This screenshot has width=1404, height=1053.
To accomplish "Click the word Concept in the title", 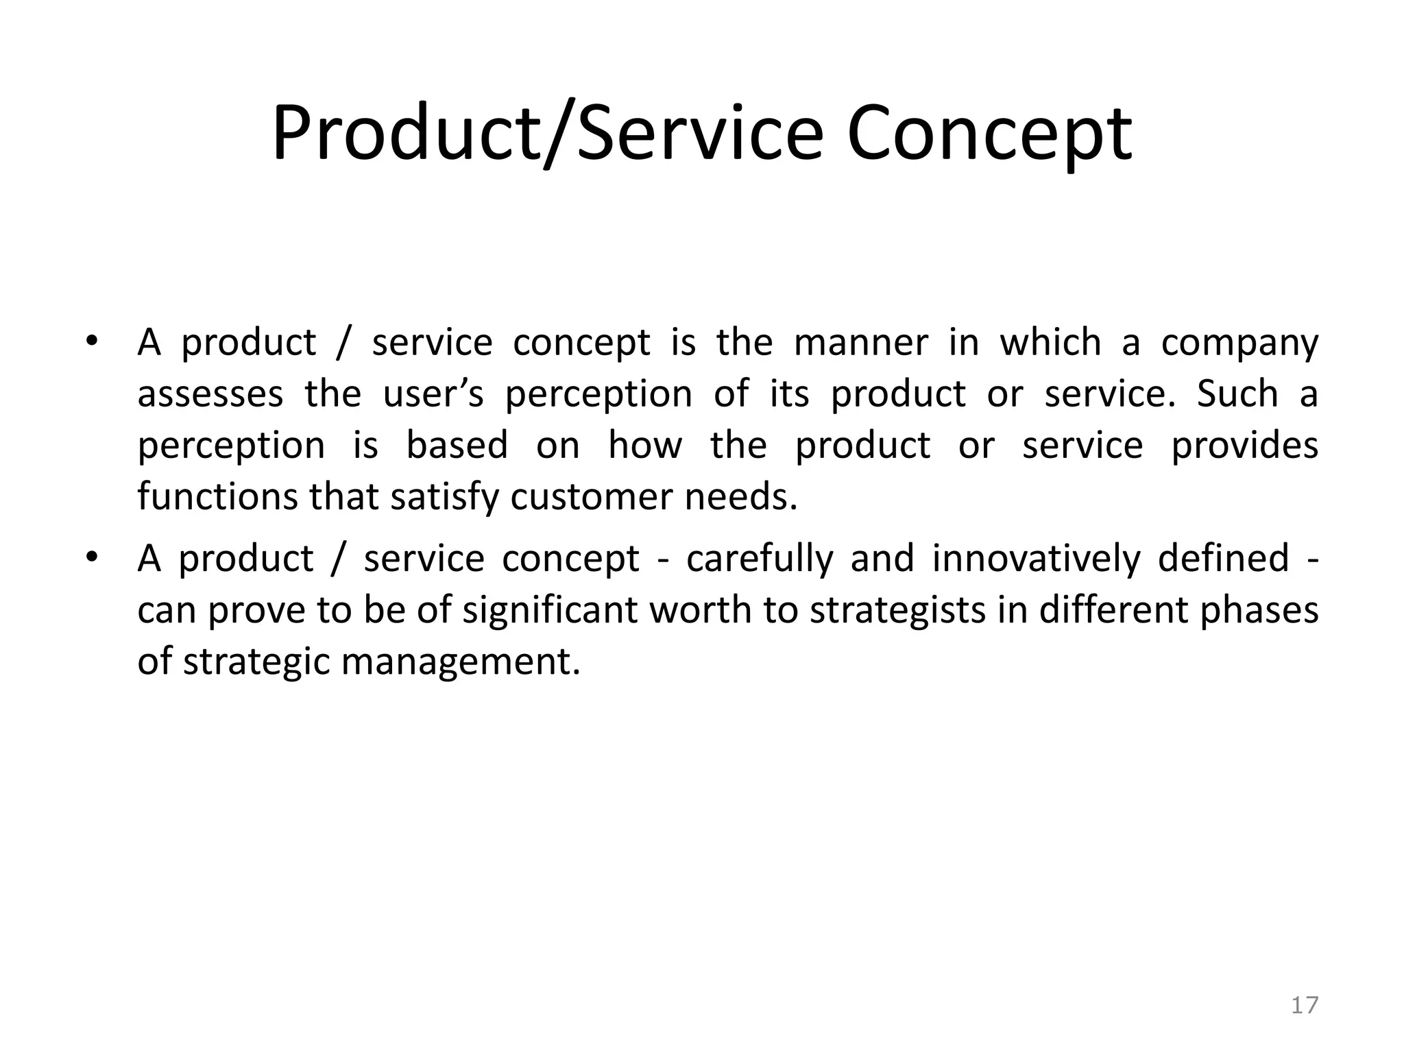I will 989,134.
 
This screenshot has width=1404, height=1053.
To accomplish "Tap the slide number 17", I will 1305,1005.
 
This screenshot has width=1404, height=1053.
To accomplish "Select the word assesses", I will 210,394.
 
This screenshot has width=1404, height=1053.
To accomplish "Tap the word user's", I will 433,394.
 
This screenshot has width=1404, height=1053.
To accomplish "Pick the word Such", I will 1237,394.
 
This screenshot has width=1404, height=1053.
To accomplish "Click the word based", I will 457,445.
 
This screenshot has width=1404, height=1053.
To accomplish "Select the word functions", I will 217,496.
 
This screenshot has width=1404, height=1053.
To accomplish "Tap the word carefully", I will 759,559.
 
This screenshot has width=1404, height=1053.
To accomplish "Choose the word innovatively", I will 1036,558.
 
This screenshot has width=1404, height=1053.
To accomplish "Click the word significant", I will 550,610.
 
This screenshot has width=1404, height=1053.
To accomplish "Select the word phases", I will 1259,610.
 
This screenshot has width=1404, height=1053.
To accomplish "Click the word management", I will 460,662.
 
